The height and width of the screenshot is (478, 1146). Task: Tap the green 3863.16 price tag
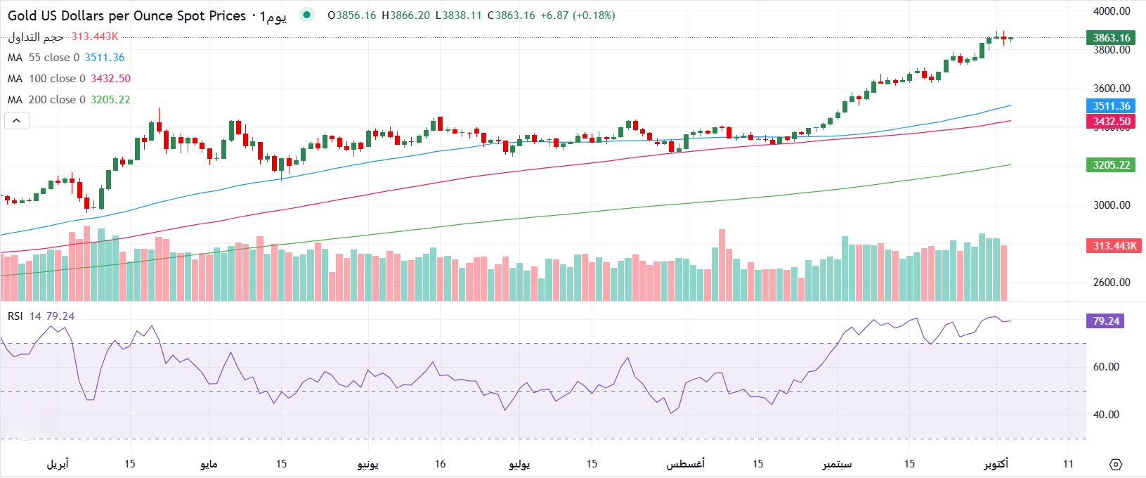coord(1111,38)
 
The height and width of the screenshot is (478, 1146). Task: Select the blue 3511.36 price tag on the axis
coord(1111,106)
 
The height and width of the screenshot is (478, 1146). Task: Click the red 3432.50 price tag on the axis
coord(1111,122)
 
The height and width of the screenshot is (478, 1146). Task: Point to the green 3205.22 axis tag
coord(1111,165)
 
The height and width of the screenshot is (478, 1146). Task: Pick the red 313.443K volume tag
coord(1114,246)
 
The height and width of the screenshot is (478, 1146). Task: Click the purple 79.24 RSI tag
coord(1105,321)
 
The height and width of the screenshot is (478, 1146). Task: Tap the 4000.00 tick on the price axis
coord(1112,11)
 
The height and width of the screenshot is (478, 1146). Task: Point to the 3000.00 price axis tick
coord(1112,205)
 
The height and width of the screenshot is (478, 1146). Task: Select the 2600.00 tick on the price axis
coord(1112,283)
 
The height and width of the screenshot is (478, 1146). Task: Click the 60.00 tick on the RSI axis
coord(1106,367)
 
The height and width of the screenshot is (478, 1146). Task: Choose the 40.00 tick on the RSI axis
coord(1106,415)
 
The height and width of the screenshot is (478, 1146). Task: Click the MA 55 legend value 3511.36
coord(105,58)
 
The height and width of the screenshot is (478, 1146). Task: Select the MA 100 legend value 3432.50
coord(110,79)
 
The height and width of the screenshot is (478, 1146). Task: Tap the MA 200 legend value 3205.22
coord(110,100)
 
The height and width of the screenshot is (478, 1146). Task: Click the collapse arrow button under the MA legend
coord(17,121)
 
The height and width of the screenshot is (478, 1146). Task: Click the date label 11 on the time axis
coord(1068,464)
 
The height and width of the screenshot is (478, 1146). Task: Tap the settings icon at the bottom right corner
coord(1116,465)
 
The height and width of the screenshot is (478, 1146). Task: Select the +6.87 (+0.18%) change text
coord(578,15)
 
